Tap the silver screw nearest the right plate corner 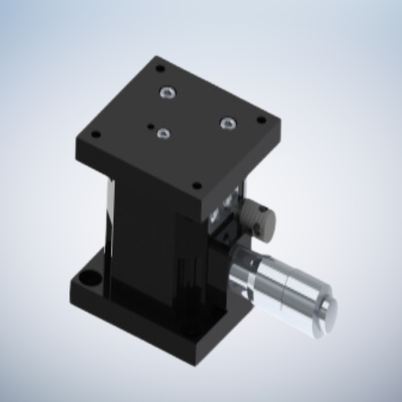(228, 123)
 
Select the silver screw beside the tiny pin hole (163, 133)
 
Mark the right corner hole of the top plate (260, 121)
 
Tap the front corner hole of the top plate (197, 185)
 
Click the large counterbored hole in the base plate (90, 278)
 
